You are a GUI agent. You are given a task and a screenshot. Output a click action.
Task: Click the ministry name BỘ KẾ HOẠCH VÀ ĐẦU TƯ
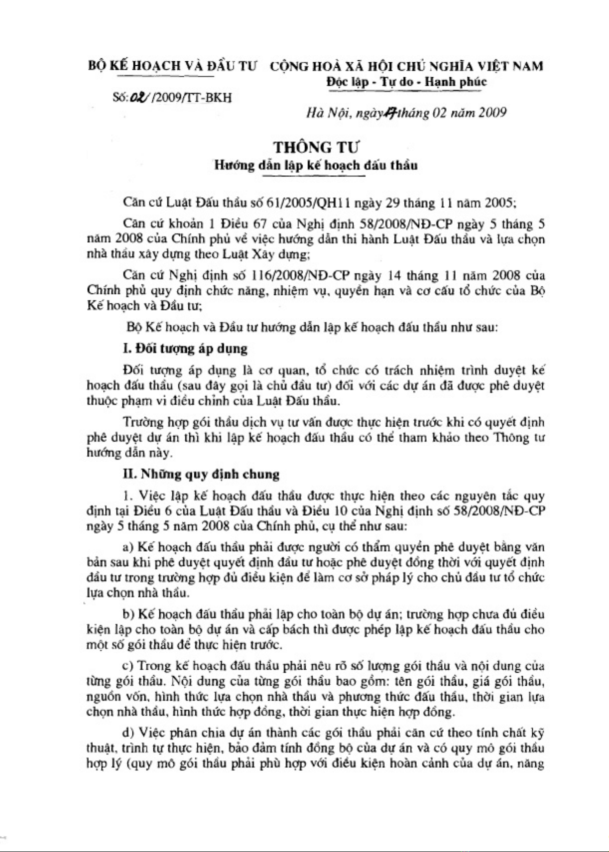tap(172, 66)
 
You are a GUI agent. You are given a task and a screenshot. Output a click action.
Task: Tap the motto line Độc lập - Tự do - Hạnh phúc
tap(406, 82)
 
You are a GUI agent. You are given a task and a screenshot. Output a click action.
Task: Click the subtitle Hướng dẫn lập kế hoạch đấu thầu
tap(316, 165)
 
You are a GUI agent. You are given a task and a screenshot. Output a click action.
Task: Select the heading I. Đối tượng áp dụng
tap(185, 349)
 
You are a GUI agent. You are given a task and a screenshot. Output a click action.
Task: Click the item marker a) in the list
tap(128, 547)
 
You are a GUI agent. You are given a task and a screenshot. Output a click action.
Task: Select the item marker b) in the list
tap(128, 614)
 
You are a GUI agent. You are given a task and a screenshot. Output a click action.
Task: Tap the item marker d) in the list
tap(128, 733)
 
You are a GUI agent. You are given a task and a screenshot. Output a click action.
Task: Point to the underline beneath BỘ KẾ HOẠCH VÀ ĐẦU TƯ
tap(167, 76)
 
